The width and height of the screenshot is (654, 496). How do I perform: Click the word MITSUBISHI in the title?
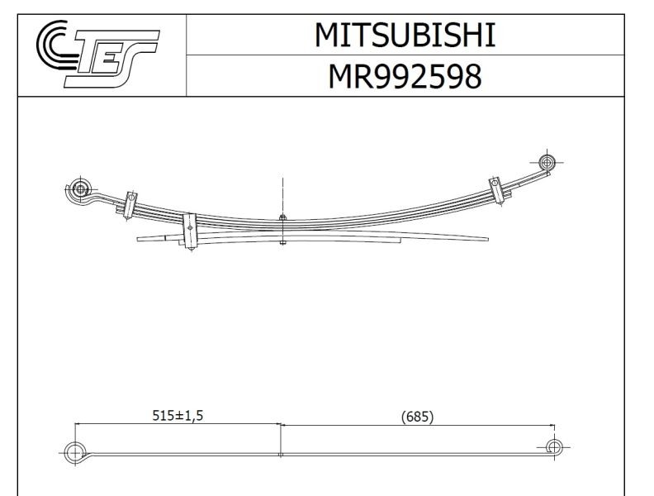click(x=405, y=35)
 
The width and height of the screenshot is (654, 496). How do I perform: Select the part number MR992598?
click(x=405, y=76)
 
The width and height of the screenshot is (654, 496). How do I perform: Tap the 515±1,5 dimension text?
click(x=178, y=417)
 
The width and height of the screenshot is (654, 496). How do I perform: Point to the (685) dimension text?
click(x=417, y=417)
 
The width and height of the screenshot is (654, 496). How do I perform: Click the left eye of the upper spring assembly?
click(x=80, y=188)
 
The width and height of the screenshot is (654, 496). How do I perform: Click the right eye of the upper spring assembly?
click(x=547, y=160)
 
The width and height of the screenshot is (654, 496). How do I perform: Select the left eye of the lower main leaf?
click(x=75, y=451)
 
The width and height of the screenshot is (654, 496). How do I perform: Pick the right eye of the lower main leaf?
click(x=554, y=447)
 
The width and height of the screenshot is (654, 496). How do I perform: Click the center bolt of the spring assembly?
click(x=282, y=231)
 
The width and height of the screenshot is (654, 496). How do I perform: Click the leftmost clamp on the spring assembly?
click(x=130, y=203)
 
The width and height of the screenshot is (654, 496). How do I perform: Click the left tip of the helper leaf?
click(x=139, y=238)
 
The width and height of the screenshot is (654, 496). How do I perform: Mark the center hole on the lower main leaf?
click(x=281, y=454)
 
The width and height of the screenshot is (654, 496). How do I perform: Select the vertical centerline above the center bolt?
click(x=282, y=194)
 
